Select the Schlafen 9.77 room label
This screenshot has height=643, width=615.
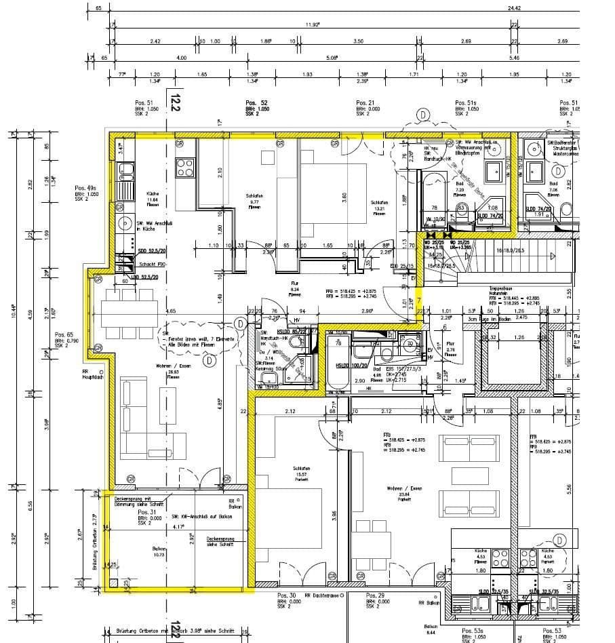254,201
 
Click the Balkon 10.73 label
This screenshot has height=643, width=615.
159,551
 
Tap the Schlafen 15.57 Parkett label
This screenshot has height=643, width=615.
302,473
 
